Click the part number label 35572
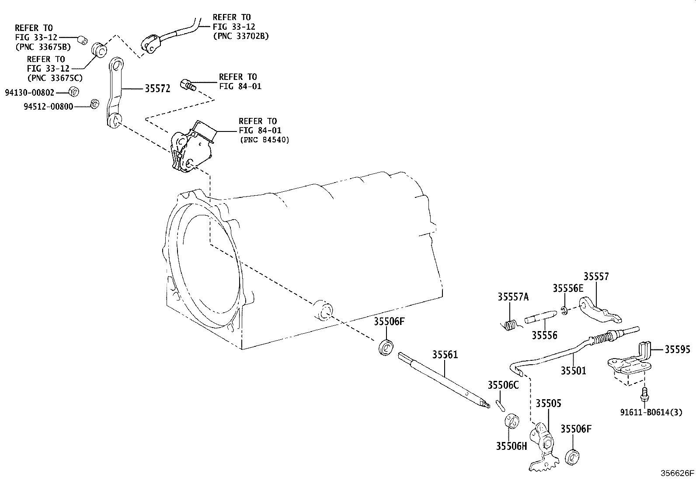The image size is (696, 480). (157, 89)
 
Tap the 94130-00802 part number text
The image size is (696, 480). (30, 93)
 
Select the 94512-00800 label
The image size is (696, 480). (49, 107)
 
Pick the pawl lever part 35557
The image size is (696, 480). (600, 311)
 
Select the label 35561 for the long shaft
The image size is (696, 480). (445, 355)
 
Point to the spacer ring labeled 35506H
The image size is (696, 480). (512, 421)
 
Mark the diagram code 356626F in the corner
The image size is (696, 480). (677, 473)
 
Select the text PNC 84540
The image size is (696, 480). (265, 140)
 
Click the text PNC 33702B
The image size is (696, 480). (241, 36)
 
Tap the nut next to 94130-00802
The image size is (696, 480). (73, 92)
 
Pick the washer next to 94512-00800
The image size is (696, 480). (94, 104)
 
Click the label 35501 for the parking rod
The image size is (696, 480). (573, 371)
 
